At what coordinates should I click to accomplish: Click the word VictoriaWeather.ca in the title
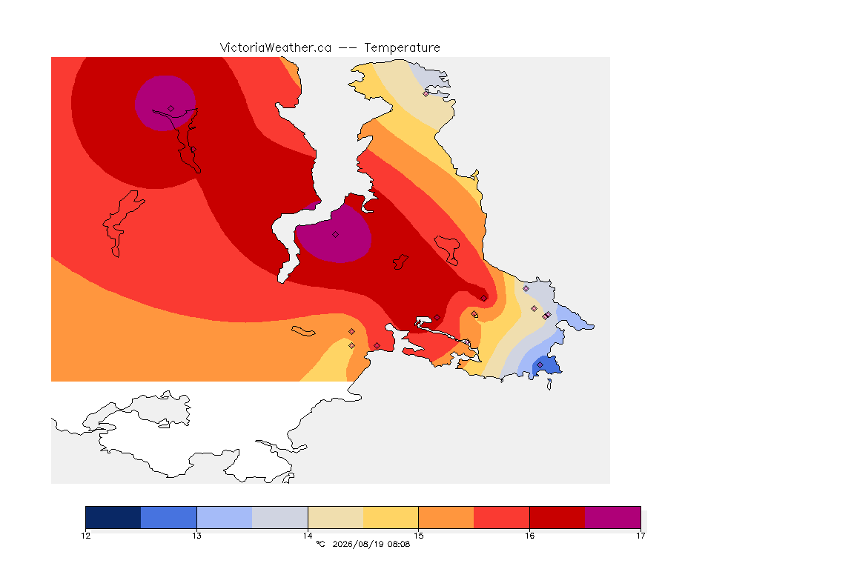tap(276, 48)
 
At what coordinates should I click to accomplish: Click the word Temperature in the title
tap(402, 48)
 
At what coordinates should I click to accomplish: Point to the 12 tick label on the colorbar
tap(85, 536)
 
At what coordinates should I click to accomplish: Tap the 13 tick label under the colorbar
tap(196, 536)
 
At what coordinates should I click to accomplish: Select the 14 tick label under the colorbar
tap(308, 536)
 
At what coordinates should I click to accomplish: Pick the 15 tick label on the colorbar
tap(418, 536)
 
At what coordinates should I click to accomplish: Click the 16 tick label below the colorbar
tap(529, 536)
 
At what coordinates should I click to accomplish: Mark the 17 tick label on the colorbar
tap(640, 536)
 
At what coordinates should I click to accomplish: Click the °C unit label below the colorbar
tap(320, 544)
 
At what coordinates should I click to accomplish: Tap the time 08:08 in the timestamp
tap(399, 544)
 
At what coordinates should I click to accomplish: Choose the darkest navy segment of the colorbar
tap(113, 517)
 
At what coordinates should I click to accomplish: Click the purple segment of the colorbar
tap(613, 517)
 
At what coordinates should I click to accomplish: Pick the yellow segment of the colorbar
tap(391, 517)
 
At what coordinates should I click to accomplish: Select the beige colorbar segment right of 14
tap(336, 517)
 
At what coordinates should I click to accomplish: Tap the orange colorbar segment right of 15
tap(446, 517)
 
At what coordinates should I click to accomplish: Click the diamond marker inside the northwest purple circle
tap(171, 109)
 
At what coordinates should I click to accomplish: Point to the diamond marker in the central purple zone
tap(336, 235)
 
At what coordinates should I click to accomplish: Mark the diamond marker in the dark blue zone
tap(540, 365)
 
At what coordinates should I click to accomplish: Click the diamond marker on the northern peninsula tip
tap(426, 93)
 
